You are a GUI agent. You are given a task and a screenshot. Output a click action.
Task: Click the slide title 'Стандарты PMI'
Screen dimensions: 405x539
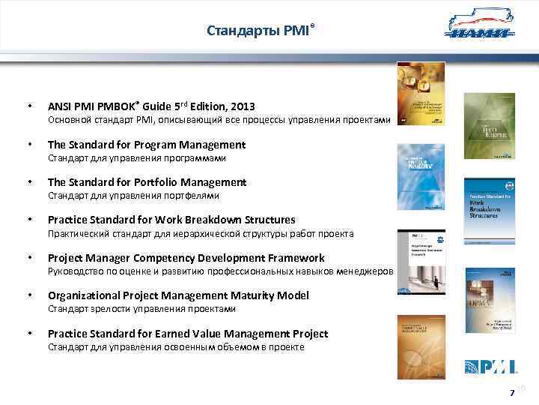(257, 31)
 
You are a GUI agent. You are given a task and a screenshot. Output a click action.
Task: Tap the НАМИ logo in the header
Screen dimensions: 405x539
(479, 28)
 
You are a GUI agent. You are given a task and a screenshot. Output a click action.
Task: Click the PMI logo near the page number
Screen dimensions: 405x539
(490, 367)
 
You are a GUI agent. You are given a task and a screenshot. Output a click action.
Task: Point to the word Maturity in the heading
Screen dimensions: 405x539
(233, 295)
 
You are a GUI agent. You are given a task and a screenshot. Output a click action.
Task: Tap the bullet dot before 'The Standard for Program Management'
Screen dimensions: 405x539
(28, 144)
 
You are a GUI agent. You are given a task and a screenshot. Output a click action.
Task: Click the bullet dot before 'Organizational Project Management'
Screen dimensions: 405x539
(28, 295)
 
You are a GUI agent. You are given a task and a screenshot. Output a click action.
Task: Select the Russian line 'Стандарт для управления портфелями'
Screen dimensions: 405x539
(133, 196)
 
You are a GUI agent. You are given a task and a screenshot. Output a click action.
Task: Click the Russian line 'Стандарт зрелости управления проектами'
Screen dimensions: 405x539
(141, 308)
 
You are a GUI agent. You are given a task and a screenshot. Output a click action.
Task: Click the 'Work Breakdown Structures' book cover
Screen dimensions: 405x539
(489, 208)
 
